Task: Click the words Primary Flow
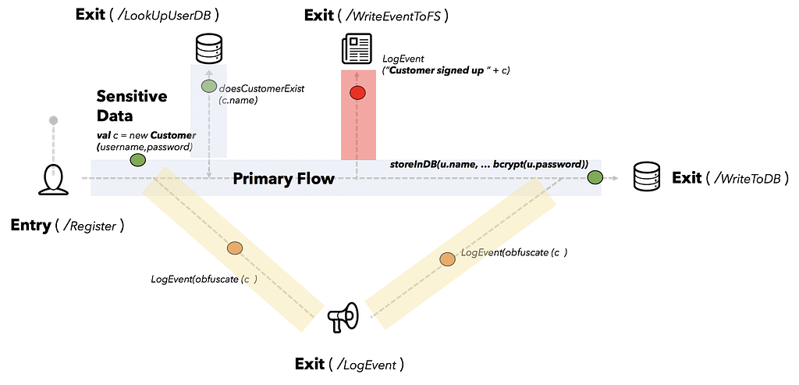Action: coord(283,179)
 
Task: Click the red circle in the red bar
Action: coord(357,93)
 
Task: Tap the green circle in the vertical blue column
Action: coord(208,86)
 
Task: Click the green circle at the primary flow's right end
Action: coord(595,177)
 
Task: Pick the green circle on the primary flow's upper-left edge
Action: coord(137,160)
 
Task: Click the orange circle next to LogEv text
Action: coord(447,258)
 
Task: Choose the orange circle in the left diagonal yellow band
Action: coord(234,248)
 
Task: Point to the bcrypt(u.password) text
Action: coord(540,164)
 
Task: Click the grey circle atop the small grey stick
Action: coord(53,119)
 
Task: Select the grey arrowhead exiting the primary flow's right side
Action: coord(616,178)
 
